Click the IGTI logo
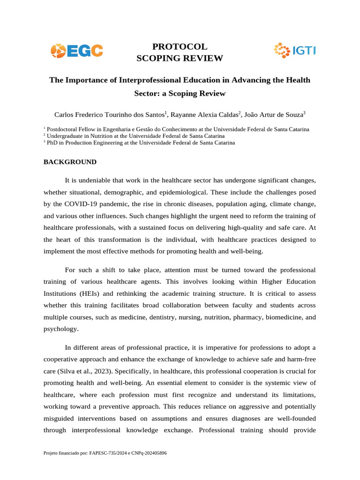click(x=294, y=50)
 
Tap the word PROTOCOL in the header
click(x=180, y=46)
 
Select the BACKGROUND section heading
click(x=70, y=162)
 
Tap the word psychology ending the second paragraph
click(x=60, y=329)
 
